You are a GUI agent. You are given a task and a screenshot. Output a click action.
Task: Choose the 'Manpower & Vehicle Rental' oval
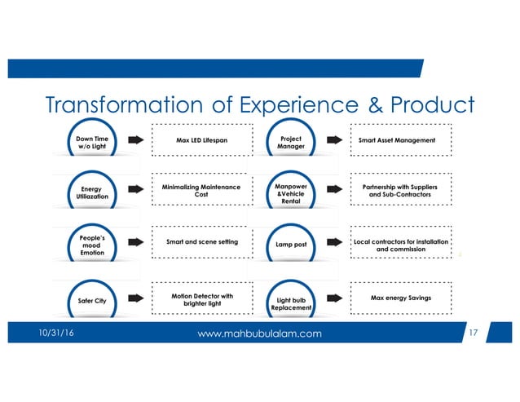290,194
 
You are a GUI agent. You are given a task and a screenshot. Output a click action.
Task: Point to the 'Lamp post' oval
290,243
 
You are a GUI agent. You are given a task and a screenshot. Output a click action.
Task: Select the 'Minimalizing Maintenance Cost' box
201,192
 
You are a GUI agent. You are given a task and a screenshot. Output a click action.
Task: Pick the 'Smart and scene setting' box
201,242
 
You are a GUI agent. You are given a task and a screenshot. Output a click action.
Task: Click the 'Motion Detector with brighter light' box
201,299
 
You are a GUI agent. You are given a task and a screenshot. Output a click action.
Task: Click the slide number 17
477,333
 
